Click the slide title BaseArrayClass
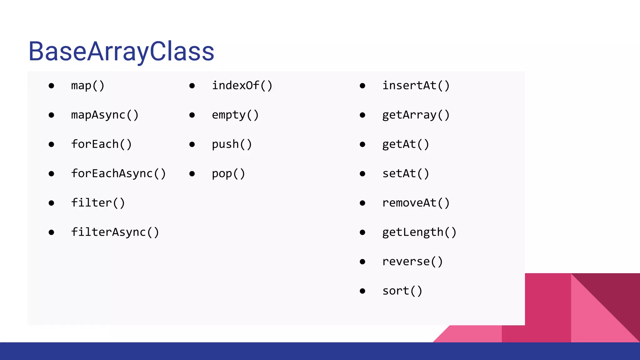tap(121, 51)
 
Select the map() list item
tap(87, 86)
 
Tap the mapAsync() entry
tap(105, 115)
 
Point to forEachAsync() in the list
tap(118, 173)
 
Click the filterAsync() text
tap(115, 232)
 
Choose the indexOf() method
tap(242, 86)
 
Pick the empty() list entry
tap(235, 115)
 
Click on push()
tap(232, 144)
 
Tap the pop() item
tap(228, 173)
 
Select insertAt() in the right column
tap(416, 86)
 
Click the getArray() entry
tap(416, 115)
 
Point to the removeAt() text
tap(416, 203)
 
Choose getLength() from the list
tap(419, 232)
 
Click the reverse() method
tap(412, 262)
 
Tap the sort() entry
tap(402, 291)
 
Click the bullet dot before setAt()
tap(362, 174)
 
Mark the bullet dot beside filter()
tap(52, 203)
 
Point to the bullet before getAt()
tap(362, 144)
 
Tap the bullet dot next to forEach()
tap(52, 144)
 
